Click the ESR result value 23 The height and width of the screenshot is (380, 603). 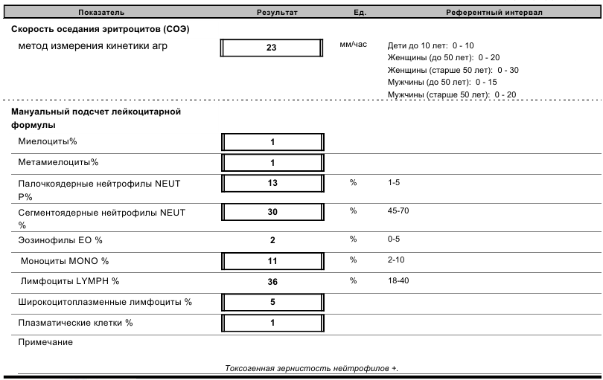tap(272, 48)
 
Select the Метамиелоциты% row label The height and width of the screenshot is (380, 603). tap(58, 162)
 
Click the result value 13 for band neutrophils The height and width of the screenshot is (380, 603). tap(272, 183)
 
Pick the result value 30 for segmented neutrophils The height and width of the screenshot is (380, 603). tap(272, 212)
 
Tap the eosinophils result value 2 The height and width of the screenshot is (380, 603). tap(272, 241)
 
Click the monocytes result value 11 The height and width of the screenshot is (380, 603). tap(272, 262)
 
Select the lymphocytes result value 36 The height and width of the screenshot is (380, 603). tap(272, 283)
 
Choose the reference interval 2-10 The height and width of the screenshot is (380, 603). tap(396, 261)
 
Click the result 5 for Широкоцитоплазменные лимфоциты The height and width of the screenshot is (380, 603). tap(272, 303)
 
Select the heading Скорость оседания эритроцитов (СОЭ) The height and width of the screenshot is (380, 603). tap(101, 29)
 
